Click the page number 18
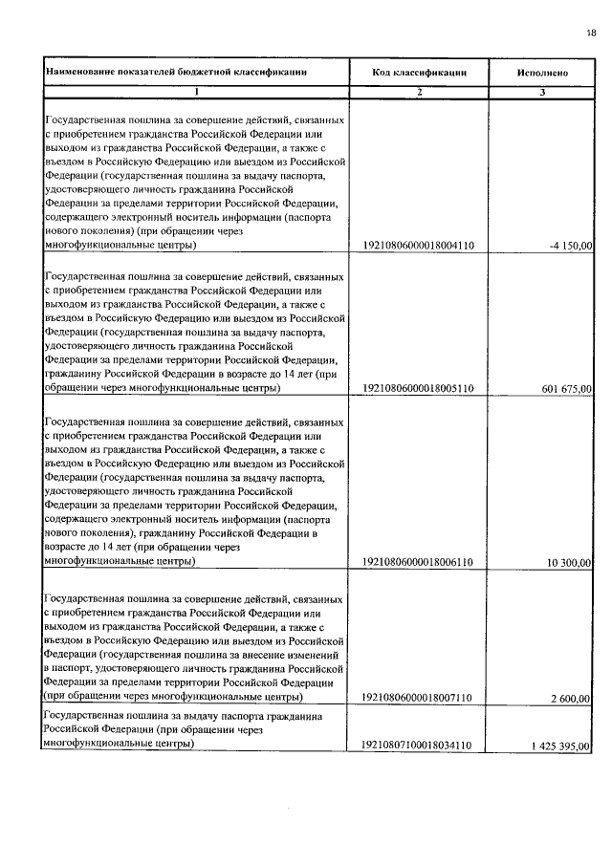(590, 34)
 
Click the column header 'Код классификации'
(420, 72)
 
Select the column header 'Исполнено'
(542, 72)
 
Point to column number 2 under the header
(420, 92)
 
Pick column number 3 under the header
(542, 92)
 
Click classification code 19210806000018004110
(420, 246)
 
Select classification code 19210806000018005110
(420, 389)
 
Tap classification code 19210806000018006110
(420, 563)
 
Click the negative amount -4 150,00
(571, 246)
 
